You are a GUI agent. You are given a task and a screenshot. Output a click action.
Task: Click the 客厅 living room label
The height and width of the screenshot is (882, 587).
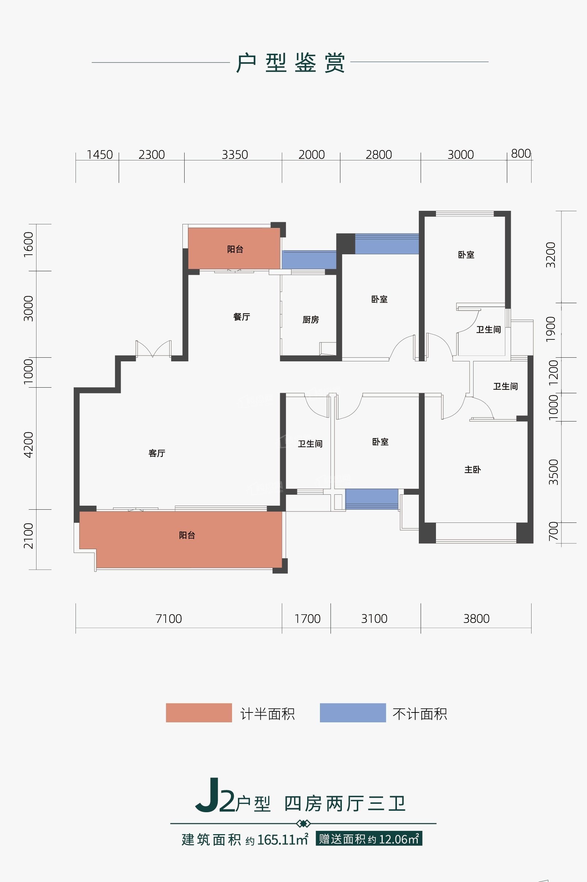[157, 453]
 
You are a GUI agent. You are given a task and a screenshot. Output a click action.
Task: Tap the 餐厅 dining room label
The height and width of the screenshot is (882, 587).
[242, 317]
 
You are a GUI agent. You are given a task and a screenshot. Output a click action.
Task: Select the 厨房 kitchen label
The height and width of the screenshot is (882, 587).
[311, 320]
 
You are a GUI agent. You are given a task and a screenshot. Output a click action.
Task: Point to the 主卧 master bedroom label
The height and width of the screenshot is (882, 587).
[472, 469]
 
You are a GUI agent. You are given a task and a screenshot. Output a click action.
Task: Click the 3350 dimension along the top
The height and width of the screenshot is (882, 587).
[235, 155]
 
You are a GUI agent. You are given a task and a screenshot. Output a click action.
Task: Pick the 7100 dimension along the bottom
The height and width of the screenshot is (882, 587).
[169, 619]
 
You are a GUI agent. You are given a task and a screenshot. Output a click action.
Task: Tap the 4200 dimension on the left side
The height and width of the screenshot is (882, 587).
[28, 445]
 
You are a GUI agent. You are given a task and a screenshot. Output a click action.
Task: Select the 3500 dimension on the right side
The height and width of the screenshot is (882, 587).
[553, 472]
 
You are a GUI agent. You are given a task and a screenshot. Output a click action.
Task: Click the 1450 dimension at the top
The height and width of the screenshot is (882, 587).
[100, 155]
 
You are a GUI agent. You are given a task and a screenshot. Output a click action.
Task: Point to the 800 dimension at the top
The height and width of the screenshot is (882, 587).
[521, 153]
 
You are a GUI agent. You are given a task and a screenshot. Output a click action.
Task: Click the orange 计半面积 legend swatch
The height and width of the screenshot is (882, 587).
[199, 712]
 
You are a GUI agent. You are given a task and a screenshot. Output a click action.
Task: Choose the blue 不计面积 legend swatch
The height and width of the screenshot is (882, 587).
[353, 712]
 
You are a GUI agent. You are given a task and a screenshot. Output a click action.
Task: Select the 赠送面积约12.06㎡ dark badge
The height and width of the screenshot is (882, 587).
[369, 839]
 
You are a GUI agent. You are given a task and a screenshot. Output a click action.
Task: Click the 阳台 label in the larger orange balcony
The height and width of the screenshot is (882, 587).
[187, 536]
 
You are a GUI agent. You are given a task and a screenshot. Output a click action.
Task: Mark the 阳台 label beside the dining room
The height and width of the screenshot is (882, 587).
[235, 249]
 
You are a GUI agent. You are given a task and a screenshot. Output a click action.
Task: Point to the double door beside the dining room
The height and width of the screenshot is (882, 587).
[154, 349]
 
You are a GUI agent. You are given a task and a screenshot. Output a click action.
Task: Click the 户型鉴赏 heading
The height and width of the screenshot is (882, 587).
[290, 63]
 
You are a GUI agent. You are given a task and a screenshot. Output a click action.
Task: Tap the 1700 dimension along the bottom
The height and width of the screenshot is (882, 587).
[307, 619]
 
